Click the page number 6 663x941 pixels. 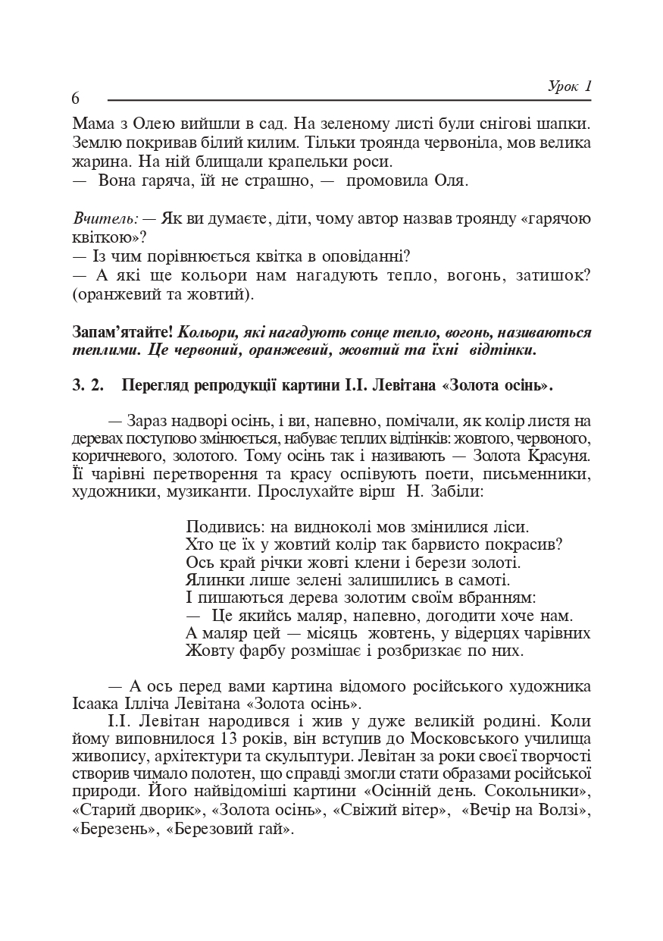pos(76,99)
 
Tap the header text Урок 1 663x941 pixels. pos(568,86)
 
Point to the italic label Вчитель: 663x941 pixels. pos(105,218)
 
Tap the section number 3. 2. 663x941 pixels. pos(88,385)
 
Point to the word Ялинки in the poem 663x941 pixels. pos(211,581)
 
